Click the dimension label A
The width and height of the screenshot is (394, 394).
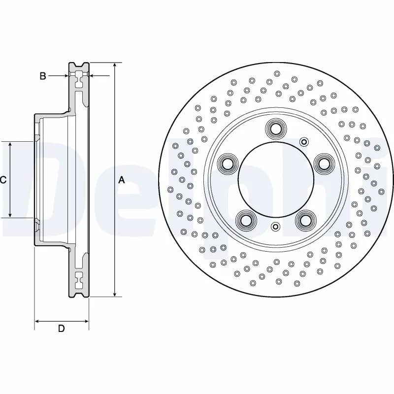(x=122, y=180)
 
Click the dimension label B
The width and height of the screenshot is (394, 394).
(x=43, y=76)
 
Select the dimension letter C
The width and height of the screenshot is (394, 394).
(x=3, y=180)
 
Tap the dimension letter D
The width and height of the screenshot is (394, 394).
(x=61, y=328)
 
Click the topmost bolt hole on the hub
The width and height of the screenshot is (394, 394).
(x=275, y=129)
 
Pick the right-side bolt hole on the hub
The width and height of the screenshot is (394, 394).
(x=322, y=163)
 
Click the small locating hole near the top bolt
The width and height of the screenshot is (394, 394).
(x=304, y=143)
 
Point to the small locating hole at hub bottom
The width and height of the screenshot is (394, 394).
(x=275, y=227)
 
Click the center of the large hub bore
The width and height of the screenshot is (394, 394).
(x=275, y=180)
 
